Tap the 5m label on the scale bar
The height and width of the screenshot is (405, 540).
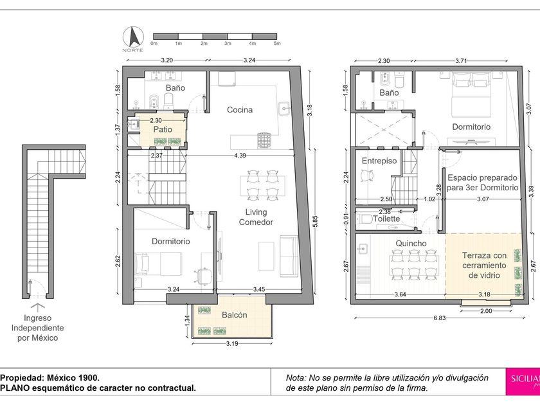pos(277,44)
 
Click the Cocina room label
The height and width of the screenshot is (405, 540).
pos(240,110)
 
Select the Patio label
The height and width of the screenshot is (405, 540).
pos(163,129)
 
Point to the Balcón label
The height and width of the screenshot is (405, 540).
pos(235,315)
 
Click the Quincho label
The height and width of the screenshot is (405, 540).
pos(411,243)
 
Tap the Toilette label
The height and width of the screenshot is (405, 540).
pos(386,219)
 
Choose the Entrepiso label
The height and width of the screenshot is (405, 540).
pos(379,161)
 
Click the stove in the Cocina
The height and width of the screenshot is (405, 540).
pos(264,140)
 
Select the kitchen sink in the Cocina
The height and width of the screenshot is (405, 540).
pos(284,108)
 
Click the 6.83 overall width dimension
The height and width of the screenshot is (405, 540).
pos(440,318)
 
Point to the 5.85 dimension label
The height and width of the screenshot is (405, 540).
pos(315,221)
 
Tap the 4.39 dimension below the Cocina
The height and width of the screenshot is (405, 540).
pos(240,156)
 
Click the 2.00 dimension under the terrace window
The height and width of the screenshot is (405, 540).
pos(486,311)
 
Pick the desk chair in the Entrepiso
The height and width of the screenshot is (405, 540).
pos(366,176)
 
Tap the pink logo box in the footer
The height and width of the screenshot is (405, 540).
pos(523,382)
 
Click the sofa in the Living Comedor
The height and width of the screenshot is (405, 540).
pos(289,256)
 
